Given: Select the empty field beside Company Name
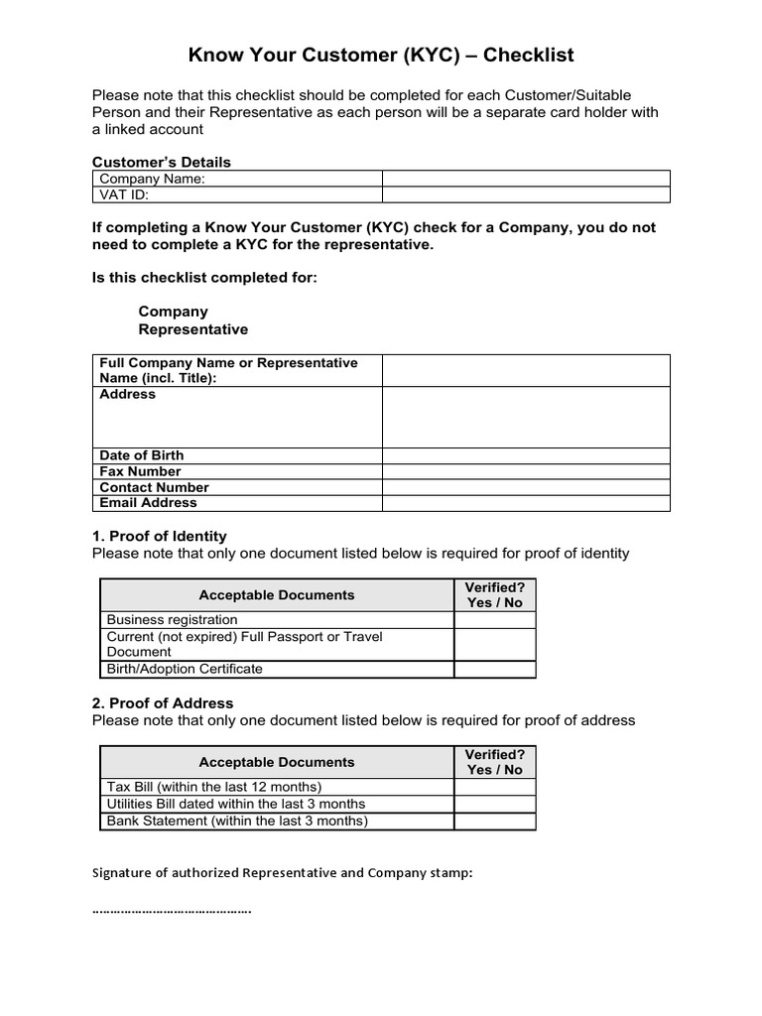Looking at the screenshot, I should click(x=526, y=179).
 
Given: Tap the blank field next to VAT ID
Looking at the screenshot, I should click(x=526, y=194).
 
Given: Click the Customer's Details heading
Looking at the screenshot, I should click(x=161, y=162).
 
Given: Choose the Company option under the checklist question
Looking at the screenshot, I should click(x=173, y=312).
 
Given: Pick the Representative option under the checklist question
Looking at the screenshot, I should click(x=192, y=329).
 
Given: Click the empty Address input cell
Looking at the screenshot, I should click(x=526, y=417).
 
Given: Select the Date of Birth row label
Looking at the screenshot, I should click(x=142, y=455).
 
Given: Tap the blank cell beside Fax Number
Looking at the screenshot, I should click(x=526, y=471).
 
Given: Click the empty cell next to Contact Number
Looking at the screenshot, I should click(x=526, y=487).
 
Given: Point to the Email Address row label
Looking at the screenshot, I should click(x=148, y=502).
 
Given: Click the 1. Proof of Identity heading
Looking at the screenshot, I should click(x=159, y=536).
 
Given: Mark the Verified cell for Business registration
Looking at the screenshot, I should click(x=494, y=620).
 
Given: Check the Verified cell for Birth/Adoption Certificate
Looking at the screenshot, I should click(x=494, y=669).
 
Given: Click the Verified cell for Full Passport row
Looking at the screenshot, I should click(x=494, y=644).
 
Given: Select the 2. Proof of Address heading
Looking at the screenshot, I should click(x=163, y=703).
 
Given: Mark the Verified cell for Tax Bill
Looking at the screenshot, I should click(x=494, y=788).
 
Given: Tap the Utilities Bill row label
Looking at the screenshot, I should click(x=236, y=804).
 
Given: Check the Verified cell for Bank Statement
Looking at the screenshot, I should click(x=494, y=821).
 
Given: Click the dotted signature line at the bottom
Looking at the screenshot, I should click(x=172, y=909).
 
